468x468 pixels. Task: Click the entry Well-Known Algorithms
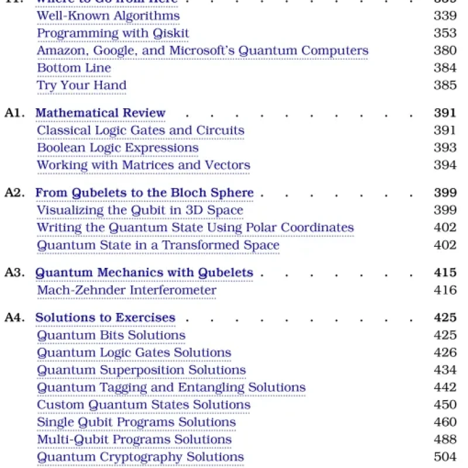click(108, 16)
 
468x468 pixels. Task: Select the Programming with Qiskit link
click(113, 33)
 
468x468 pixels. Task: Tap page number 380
click(445, 51)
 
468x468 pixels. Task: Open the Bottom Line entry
click(74, 68)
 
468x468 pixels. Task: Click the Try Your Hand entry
click(81, 85)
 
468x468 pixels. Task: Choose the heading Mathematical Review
click(101, 113)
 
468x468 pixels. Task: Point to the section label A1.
click(14, 113)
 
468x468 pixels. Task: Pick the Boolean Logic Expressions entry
click(118, 147)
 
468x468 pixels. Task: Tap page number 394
click(445, 165)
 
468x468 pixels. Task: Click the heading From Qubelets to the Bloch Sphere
click(144, 192)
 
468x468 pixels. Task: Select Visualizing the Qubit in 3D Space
click(140, 210)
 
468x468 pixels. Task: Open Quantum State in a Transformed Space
click(158, 245)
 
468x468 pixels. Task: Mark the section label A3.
click(14, 273)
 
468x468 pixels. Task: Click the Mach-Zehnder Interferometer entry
click(126, 290)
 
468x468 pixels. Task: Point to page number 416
click(445, 290)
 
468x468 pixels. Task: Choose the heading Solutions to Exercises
click(105, 318)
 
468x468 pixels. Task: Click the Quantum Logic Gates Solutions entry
click(134, 353)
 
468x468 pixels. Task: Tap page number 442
click(445, 387)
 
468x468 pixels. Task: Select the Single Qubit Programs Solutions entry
click(136, 422)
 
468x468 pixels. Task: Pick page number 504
click(445, 457)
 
